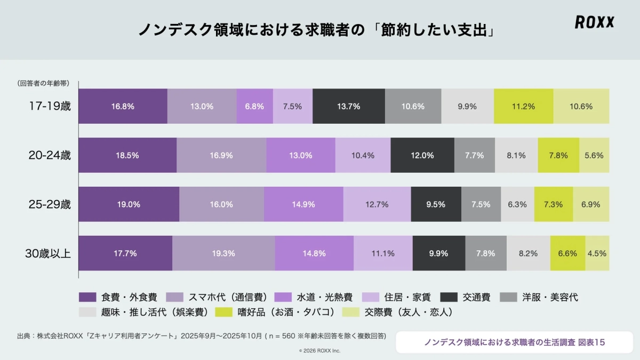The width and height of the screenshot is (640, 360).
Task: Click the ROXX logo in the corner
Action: (x=594, y=22)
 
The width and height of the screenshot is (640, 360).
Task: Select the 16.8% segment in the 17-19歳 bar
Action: (x=123, y=106)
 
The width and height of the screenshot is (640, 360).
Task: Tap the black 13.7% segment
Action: (x=348, y=106)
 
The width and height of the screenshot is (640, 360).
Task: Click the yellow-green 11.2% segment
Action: (x=523, y=106)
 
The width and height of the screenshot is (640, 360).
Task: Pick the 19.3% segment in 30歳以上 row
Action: (x=223, y=253)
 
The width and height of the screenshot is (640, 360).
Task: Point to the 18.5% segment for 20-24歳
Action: (x=127, y=155)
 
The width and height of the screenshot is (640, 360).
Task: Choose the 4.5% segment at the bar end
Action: (x=597, y=253)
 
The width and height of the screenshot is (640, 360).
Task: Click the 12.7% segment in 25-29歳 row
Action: (x=377, y=204)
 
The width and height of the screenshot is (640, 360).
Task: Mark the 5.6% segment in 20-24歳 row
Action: (x=594, y=155)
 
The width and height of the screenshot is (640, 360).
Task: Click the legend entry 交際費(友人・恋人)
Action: (x=401, y=312)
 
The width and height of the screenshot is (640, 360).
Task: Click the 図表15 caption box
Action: (x=514, y=342)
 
